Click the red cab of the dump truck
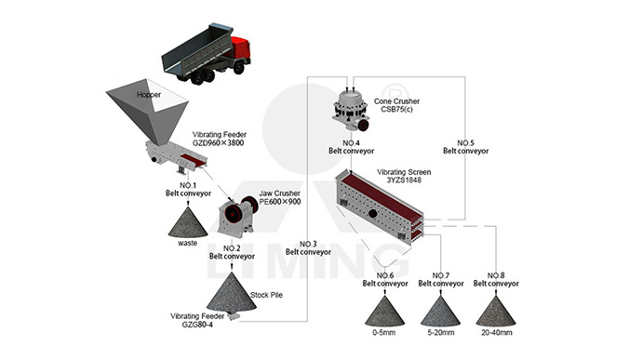coord(240,48)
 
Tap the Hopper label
coord(149,95)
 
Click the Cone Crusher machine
coord(351,110)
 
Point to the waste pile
coord(188,222)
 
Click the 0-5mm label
coord(384,333)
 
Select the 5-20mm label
coord(441,333)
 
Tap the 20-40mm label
coord(496,333)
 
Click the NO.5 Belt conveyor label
coord(466,147)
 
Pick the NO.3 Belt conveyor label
coord(308,248)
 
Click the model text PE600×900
coord(280,202)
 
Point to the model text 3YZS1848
coord(404,180)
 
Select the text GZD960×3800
coord(219,143)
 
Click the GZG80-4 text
coord(197,325)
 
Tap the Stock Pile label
coord(266,295)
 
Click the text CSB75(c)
coord(396,110)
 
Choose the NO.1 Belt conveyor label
coord(188,190)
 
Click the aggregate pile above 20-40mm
coord(496,312)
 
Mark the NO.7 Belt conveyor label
coord(441,280)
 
